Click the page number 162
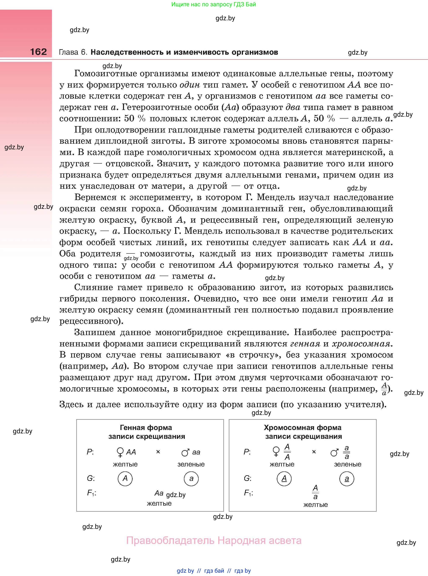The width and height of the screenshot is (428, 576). tap(38, 52)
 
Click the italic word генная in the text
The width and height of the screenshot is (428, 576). tap(305, 344)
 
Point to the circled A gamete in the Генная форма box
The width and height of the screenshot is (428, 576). tap(125, 478)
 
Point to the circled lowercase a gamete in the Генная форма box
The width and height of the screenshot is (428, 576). tap(191, 478)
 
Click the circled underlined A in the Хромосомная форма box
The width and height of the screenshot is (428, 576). tap(284, 478)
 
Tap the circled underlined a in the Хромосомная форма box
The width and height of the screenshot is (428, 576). tap(347, 479)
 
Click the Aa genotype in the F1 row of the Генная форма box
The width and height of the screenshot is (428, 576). tap(159, 493)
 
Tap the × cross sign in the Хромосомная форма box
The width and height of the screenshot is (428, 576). tap(314, 452)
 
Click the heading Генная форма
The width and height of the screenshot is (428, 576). tap(146, 427)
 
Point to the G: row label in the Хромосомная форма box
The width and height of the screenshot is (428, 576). tap(248, 478)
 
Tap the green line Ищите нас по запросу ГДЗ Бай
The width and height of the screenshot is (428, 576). tap(214, 4)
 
